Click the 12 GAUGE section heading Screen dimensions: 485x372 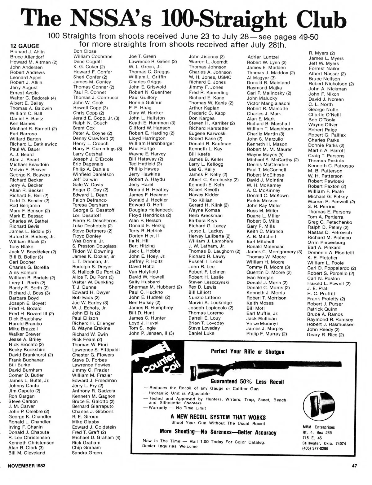tap(25, 46)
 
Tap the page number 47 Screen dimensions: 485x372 tap(355, 465)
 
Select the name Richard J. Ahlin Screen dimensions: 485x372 tap(27, 52)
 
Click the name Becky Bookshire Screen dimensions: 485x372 tap(27, 350)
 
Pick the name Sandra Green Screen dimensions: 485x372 tap(87, 453)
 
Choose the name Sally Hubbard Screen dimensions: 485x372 tap(144, 282)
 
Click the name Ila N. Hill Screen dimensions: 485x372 tap(139, 241)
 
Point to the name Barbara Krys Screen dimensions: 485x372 tap(203, 221)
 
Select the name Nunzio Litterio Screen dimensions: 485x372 tap(205, 298)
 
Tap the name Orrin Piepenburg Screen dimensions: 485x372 tap(326, 242)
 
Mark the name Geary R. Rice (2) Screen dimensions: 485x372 tap(325, 335)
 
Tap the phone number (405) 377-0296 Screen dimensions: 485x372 tap(315, 448)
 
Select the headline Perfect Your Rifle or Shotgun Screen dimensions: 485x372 tap(247, 352)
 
